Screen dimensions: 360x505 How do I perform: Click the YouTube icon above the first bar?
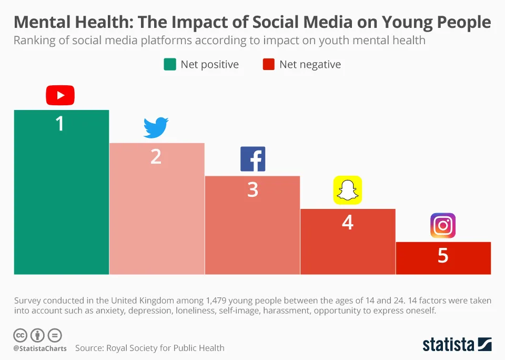point(60,95)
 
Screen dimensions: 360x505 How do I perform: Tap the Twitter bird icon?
point(156,128)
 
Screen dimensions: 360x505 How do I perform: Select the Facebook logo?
point(252,159)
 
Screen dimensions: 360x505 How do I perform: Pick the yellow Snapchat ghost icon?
point(348,190)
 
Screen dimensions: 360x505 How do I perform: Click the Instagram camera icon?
point(443,226)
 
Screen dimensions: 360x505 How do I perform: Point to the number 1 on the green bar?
point(60,124)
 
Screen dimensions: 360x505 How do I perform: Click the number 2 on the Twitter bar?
point(156,156)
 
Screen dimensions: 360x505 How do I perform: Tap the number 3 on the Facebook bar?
point(252,189)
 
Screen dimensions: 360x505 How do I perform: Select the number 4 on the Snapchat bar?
point(348,223)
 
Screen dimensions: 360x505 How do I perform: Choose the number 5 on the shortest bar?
point(443,256)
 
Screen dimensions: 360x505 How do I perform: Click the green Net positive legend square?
point(170,64)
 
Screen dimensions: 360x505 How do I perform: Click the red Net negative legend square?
point(269,64)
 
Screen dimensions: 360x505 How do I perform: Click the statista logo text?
point(449,345)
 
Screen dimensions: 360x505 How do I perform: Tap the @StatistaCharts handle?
point(40,348)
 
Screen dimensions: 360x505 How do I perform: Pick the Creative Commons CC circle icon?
point(20,335)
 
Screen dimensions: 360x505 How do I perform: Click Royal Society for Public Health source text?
point(165,348)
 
